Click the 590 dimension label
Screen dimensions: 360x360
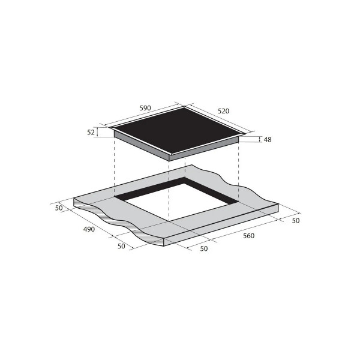[x=145, y=108]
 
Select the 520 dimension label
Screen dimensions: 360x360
[x=223, y=111]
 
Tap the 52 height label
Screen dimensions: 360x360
[x=91, y=132]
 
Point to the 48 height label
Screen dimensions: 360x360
[x=268, y=140]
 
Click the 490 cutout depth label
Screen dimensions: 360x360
[x=89, y=229]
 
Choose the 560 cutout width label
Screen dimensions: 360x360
[x=248, y=236]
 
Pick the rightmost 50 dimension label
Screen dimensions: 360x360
[x=296, y=220]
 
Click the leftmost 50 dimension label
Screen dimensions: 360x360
[x=59, y=208]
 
